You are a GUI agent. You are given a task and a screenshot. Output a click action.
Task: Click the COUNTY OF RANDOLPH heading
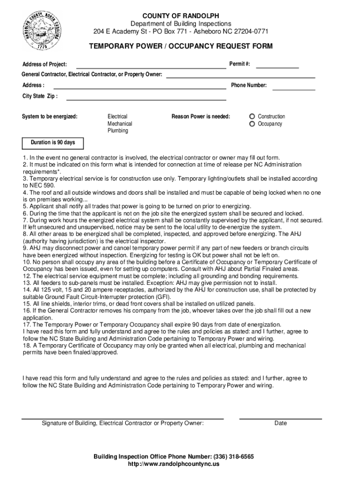click(180, 16)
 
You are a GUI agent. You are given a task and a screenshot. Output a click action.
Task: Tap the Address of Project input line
click(151, 66)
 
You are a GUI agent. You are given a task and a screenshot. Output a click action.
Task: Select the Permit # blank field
click(277, 66)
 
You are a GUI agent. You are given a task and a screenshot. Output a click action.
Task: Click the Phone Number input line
click(294, 87)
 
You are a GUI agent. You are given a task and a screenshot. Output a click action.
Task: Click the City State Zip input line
click(146, 98)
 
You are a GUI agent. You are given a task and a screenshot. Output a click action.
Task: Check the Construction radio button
click(252, 116)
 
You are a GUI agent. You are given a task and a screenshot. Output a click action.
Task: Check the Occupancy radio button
click(252, 124)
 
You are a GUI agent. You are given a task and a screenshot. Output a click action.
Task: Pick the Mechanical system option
click(120, 124)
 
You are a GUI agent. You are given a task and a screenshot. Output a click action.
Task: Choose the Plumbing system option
click(118, 131)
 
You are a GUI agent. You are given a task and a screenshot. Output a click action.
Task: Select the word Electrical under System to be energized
click(117, 116)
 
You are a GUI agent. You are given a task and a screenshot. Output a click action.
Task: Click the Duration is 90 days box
click(53, 143)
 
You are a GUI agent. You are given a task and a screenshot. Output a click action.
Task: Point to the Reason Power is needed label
click(201, 116)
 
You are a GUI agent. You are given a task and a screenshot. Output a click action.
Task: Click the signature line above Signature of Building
click(122, 417)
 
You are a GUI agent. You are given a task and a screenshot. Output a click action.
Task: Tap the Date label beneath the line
click(281, 423)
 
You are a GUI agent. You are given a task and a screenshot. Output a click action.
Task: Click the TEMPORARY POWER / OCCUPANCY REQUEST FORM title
click(181, 46)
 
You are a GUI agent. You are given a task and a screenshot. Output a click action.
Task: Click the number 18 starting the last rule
click(27, 346)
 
